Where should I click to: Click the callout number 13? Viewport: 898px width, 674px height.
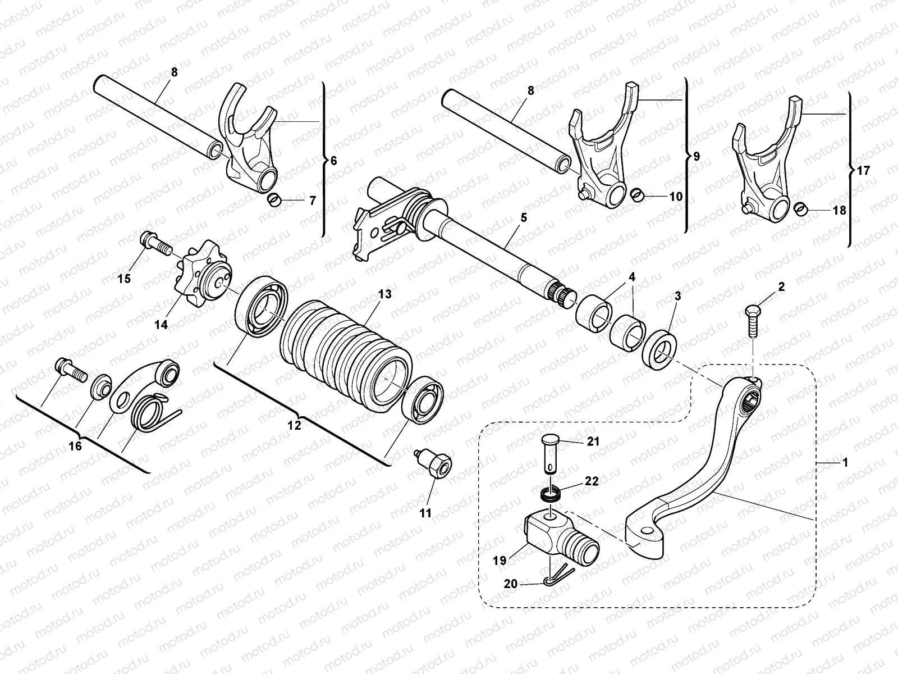point(384,294)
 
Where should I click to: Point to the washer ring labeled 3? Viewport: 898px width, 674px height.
point(663,345)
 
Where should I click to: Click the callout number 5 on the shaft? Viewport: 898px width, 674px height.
point(523,218)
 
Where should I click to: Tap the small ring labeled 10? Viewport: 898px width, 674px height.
point(636,194)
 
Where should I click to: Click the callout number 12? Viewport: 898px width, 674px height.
point(294,425)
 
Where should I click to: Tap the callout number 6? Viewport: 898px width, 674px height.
point(333,161)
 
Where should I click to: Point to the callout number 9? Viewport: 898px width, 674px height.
point(696,156)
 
